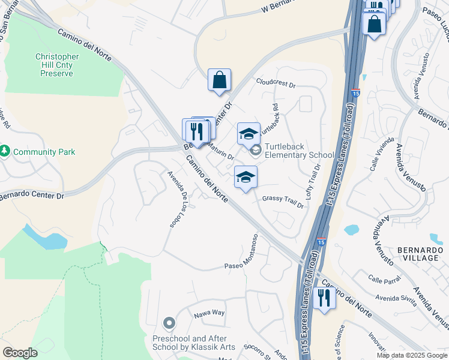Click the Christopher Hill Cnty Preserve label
coord(53,65)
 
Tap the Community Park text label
coord(44,152)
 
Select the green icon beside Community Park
coord(5,151)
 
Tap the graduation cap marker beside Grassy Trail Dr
coord(245,177)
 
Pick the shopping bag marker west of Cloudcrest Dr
coord(220,80)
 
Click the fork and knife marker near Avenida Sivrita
coord(324,298)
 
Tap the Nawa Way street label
coord(208,313)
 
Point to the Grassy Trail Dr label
coord(283,200)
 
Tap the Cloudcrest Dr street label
coord(276,82)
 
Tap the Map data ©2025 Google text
coord(411,355)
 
